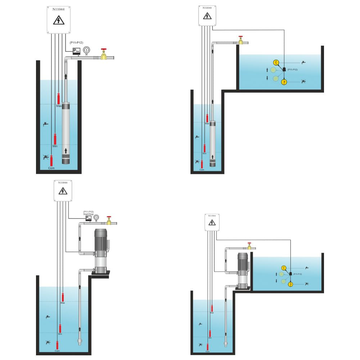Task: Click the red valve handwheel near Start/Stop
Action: [109, 217]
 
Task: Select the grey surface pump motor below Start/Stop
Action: [101, 239]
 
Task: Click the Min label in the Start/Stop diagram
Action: [60, 334]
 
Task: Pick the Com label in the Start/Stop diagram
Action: [57, 351]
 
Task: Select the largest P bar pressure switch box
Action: [77, 51]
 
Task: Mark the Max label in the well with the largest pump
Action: [59, 106]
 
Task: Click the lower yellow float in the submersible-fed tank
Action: [284, 82]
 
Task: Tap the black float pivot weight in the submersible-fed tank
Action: [284, 69]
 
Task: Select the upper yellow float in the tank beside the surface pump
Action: [284, 267]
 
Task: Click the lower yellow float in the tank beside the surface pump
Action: [291, 284]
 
